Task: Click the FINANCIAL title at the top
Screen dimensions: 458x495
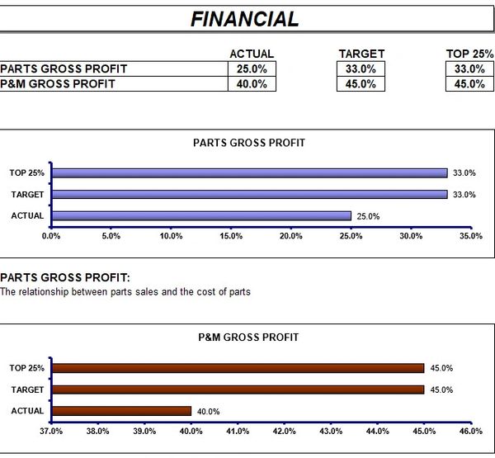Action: (245, 18)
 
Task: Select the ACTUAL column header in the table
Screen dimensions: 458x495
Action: (252, 54)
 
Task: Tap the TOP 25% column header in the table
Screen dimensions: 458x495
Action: (469, 54)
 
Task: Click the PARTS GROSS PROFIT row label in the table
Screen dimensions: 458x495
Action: (64, 68)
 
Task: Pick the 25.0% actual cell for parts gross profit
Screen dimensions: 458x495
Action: (252, 68)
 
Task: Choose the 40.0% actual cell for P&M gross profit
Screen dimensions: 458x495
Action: (252, 83)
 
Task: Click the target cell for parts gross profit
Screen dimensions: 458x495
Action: (361, 68)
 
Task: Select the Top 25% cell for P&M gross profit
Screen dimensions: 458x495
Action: (469, 83)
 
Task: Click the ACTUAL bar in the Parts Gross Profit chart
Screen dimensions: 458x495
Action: (201, 216)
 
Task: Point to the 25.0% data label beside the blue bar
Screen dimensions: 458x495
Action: (368, 216)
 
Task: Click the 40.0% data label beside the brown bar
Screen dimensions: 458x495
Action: (208, 411)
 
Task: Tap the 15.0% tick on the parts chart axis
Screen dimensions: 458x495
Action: (231, 236)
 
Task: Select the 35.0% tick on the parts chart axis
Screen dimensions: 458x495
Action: (470, 236)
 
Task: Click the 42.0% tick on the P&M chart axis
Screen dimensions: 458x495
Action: (284, 431)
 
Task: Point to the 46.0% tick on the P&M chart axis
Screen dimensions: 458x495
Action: (470, 431)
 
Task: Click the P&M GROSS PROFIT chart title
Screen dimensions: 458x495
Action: (248, 338)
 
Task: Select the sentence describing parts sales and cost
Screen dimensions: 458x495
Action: (125, 292)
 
